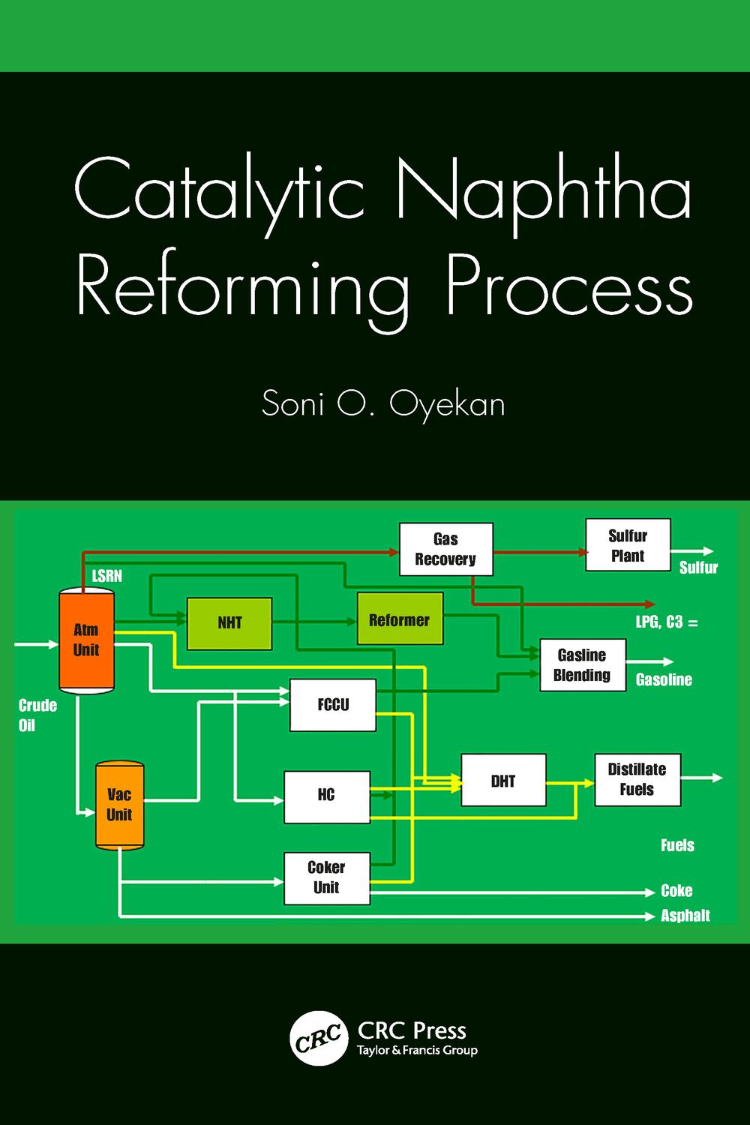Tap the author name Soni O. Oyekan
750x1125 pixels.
383,405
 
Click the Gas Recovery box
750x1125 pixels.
445,549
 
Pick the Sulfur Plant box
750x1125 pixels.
627,545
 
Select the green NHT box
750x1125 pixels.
229,623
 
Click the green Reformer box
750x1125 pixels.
400,619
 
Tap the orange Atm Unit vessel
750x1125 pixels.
86,640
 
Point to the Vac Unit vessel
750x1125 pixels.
119,805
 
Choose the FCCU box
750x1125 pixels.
332,705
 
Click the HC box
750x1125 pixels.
326,796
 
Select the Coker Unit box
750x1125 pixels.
326,877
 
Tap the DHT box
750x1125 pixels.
502,781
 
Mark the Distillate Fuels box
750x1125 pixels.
637,780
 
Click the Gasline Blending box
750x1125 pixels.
582,665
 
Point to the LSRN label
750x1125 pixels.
106,576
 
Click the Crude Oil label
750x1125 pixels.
37,715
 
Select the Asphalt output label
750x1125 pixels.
685,916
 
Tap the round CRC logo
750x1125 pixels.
318,1038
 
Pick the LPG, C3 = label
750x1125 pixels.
667,622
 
